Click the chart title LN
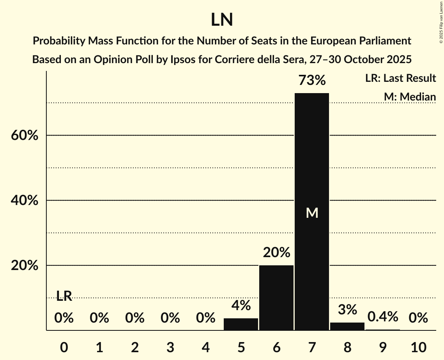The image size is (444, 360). coord(222,20)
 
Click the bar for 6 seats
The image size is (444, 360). coord(276,298)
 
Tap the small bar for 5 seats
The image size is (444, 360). coord(241,324)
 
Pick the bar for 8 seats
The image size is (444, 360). coord(347,326)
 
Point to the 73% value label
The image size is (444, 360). coord(312,81)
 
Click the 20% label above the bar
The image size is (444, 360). coord(276,253)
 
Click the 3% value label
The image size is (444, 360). coord(347,310)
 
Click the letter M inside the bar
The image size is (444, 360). coord(312,213)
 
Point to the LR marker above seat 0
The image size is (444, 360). coord(64,296)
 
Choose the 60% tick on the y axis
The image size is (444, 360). coord(24,136)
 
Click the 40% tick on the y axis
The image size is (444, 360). coord(24,201)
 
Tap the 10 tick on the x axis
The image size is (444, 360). coord(418,347)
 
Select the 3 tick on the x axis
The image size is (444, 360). coord(170,347)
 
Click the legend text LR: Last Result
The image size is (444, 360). coord(401,78)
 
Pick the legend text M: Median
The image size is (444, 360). coord(410,97)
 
